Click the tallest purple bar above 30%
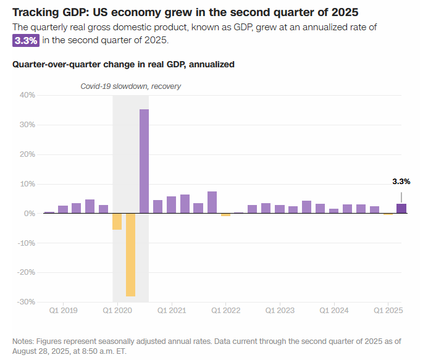click(144, 161)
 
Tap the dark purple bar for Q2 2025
click(401, 208)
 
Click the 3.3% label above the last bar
click(401, 182)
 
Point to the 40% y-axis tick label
click(27, 95)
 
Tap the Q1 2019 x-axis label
click(63, 311)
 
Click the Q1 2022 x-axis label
click(227, 311)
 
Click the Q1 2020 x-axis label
click(117, 311)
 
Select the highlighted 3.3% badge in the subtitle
click(26, 40)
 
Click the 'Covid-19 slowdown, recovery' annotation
click(131, 86)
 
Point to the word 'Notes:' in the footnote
click(23, 341)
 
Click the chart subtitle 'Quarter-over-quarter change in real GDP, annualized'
click(124, 64)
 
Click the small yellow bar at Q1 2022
click(225, 215)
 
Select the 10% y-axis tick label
click(27, 184)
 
